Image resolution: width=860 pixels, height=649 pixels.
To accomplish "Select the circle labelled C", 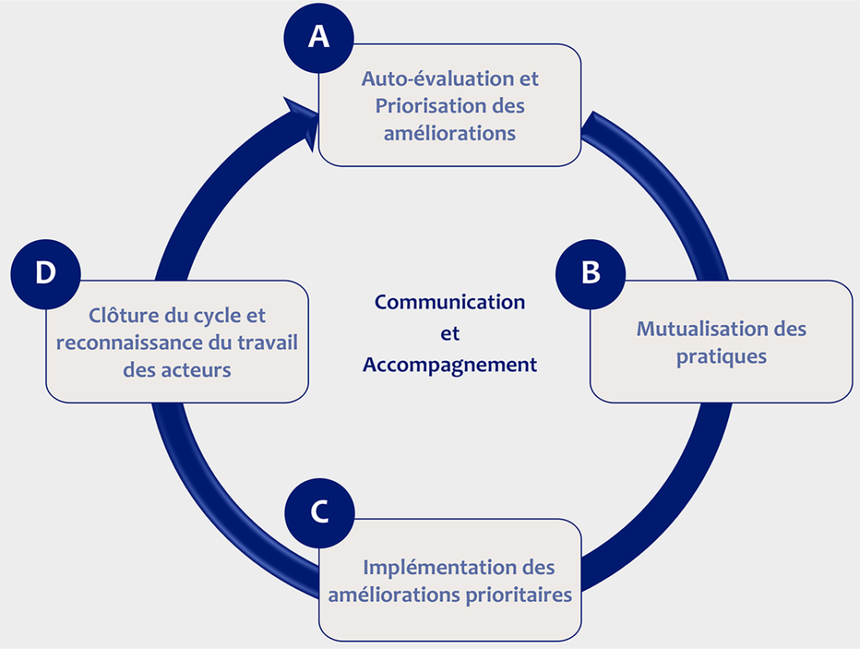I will coord(318,513).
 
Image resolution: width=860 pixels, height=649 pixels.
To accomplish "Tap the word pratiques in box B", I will coord(721,355).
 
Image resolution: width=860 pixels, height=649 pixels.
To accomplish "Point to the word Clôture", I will coord(123,316).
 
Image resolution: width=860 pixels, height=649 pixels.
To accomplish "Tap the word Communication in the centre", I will coord(449,301).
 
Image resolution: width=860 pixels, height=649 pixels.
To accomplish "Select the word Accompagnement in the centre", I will coord(449,365).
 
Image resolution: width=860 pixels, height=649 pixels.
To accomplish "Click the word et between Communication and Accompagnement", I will coord(450,333).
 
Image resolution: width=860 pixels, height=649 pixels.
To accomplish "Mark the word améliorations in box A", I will coord(449,133).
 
